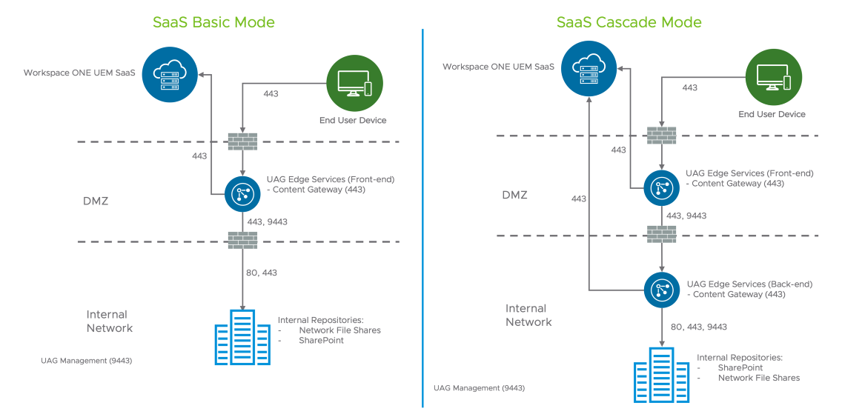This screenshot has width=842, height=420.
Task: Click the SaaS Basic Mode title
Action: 213,22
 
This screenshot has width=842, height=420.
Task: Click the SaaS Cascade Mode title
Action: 629,22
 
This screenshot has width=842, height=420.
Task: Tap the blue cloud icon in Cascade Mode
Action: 589,67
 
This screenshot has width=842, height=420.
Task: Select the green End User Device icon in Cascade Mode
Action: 772,77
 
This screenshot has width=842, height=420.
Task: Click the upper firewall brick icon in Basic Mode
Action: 243,141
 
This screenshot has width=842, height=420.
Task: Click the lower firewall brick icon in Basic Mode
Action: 243,241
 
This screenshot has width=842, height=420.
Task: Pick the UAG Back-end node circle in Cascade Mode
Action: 660,289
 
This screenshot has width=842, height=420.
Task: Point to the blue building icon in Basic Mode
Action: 242,337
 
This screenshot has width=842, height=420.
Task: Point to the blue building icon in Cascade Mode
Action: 661,376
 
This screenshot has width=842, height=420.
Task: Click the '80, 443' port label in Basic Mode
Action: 261,273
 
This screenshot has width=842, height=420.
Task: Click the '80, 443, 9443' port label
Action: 698,327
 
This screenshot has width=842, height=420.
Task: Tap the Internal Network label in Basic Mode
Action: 109,321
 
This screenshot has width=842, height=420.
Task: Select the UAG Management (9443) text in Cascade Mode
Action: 479,388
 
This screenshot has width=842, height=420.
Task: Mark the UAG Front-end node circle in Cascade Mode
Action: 660,187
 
